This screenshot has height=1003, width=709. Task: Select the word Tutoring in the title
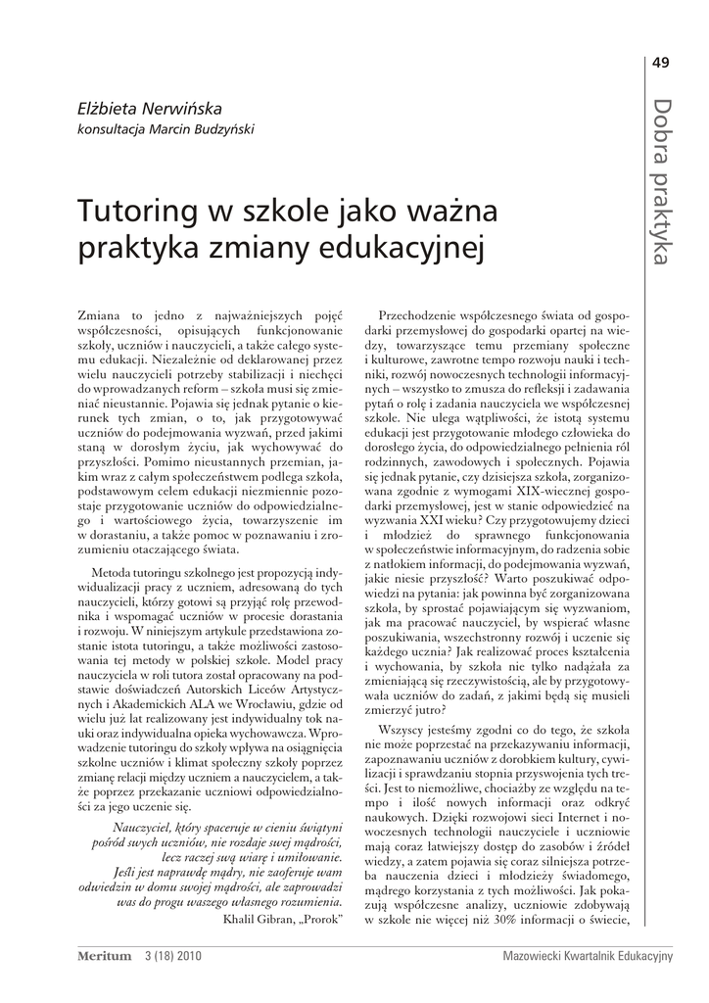(x=136, y=211)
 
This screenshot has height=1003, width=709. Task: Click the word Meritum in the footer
(x=103, y=954)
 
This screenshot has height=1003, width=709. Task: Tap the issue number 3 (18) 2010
(x=171, y=954)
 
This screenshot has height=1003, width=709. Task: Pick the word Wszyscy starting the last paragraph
(x=403, y=730)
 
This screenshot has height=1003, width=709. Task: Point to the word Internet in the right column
(x=553, y=816)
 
